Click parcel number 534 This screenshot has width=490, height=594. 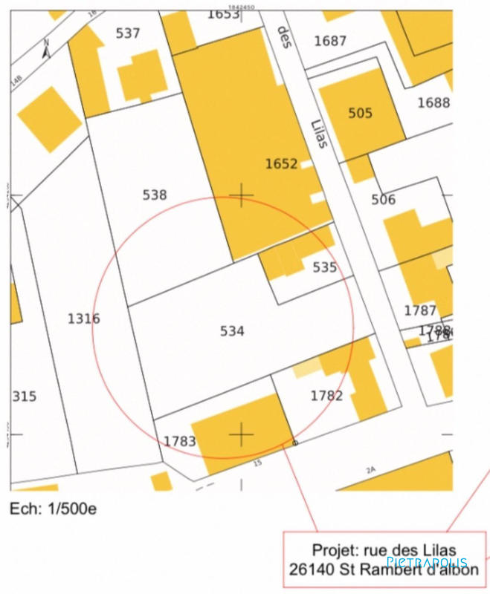coord(232,331)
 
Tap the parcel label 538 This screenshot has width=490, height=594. coord(155,195)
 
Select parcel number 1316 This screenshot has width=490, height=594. coord(83,319)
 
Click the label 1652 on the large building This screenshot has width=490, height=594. coord(281,163)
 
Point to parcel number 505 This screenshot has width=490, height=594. coord(360,114)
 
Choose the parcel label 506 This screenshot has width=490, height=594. coord(384,200)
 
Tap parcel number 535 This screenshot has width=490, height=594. coord(324,267)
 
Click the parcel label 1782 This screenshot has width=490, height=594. coord(326,396)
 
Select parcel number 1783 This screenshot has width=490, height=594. coord(179,442)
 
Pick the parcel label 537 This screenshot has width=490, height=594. coord(128,33)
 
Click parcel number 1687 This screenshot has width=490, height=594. coord(330,41)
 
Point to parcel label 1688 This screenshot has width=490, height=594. coord(433,102)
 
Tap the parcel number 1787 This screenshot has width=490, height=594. coord(420,310)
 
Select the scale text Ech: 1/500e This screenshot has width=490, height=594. coord(53,509)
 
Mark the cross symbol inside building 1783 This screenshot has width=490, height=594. coord(241,434)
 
